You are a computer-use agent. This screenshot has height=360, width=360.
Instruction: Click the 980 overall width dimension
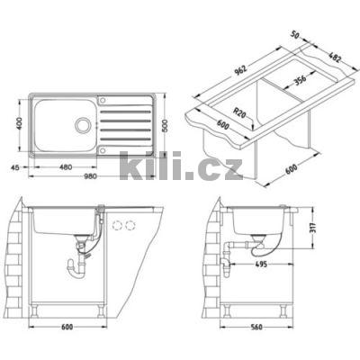click(x=91, y=175)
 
